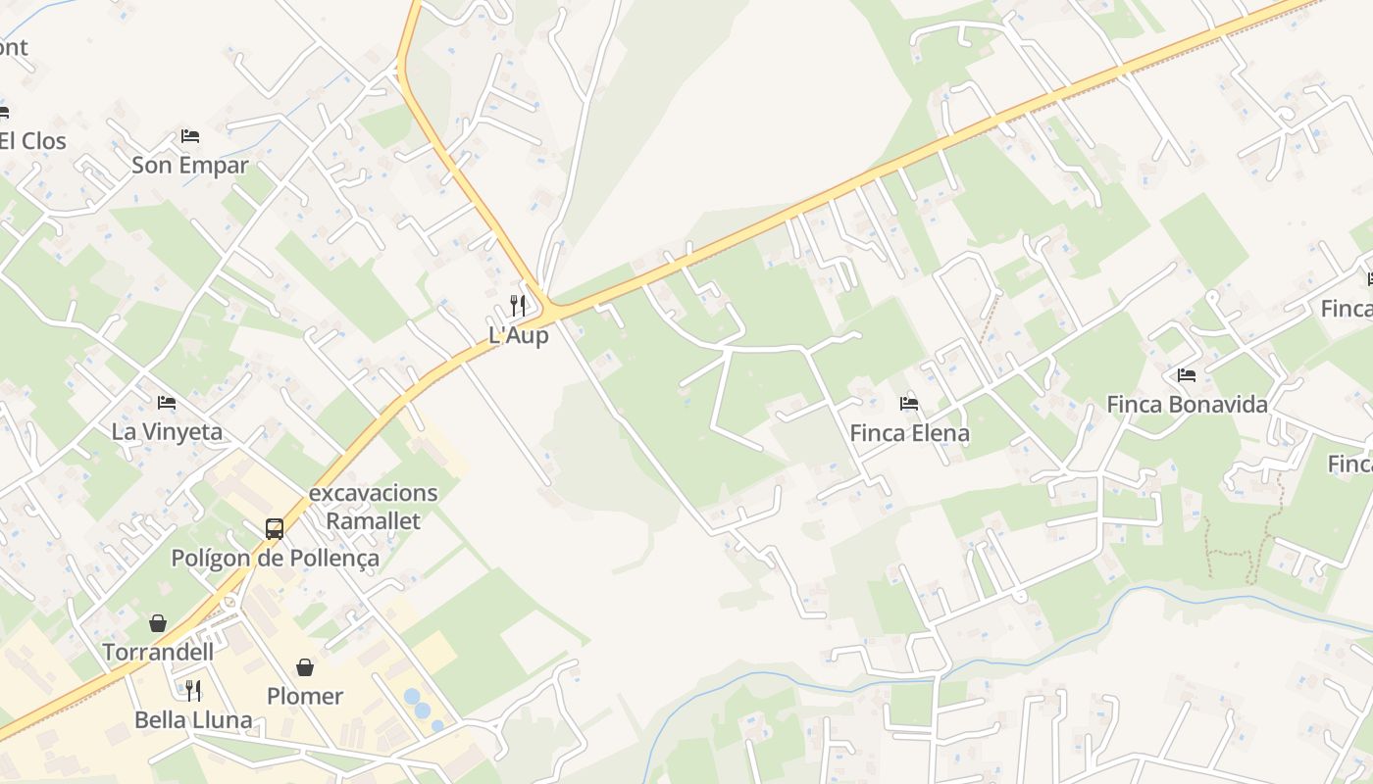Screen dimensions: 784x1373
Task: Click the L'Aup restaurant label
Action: click(x=518, y=335)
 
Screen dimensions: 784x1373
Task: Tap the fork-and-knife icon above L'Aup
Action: click(x=518, y=305)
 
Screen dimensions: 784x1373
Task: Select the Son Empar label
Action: click(x=190, y=165)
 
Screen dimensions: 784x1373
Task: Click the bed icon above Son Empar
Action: click(x=190, y=135)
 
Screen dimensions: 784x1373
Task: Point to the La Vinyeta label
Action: click(x=167, y=431)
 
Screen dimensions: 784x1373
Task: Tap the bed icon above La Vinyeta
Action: click(x=167, y=402)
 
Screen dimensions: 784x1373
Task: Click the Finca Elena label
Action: click(x=909, y=433)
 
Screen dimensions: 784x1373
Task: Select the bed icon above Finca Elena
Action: click(x=909, y=403)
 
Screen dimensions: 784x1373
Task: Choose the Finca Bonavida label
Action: click(x=1187, y=404)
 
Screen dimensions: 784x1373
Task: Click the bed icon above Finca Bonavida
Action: click(x=1187, y=374)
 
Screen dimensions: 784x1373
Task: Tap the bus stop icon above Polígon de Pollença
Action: click(x=275, y=529)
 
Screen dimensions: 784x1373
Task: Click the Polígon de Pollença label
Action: click(x=275, y=559)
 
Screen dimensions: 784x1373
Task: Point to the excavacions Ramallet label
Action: click(x=373, y=507)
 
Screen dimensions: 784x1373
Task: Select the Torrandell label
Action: click(x=157, y=652)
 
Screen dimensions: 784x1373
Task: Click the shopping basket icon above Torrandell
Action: click(x=157, y=622)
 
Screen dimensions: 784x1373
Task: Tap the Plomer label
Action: click(x=305, y=696)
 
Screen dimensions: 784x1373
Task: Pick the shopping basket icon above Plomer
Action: click(x=305, y=667)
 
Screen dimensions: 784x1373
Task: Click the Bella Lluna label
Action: click(x=193, y=720)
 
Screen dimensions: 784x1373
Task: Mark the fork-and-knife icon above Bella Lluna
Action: click(x=193, y=690)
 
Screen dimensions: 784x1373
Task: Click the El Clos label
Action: click(x=33, y=141)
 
